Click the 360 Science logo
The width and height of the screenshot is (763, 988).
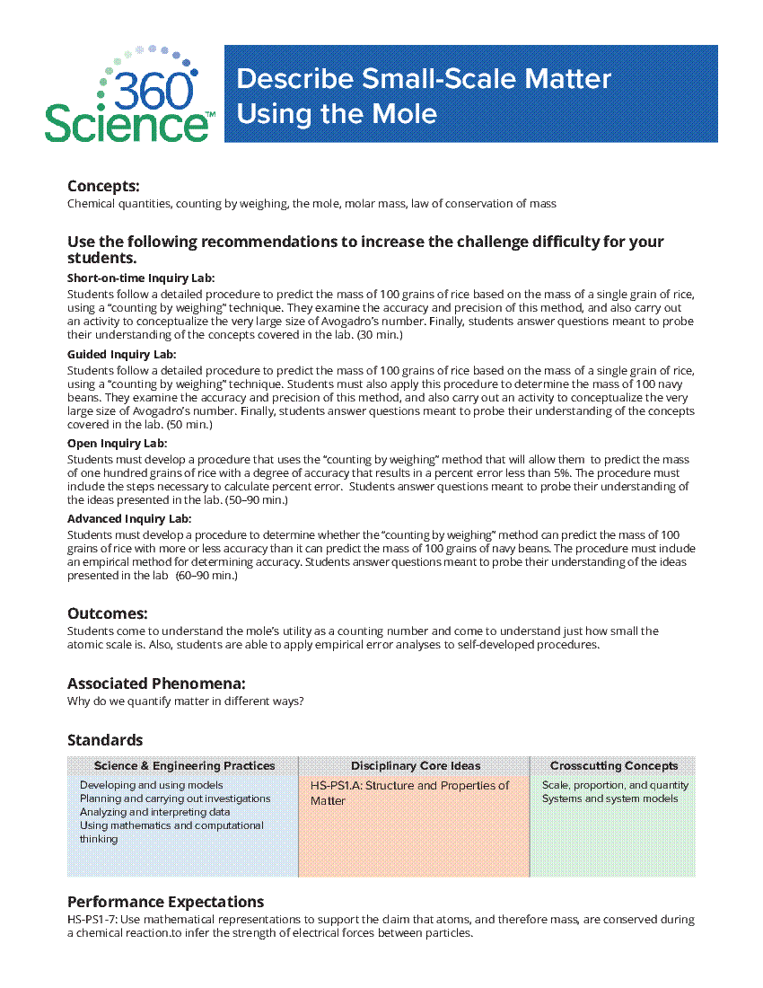click(128, 93)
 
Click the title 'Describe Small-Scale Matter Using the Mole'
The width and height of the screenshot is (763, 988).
click(424, 96)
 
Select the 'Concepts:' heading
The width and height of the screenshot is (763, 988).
click(103, 186)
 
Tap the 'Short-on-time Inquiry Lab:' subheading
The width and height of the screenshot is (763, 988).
click(141, 278)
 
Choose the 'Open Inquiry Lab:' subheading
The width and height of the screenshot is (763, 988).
click(117, 443)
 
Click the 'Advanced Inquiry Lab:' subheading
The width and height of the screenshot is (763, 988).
click(129, 518)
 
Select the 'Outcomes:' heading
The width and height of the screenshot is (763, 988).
click(107, 613)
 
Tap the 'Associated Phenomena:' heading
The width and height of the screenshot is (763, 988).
click(156, 684)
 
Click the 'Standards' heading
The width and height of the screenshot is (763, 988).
click(105, 740)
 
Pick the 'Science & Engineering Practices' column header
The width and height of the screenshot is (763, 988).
click(184, 766)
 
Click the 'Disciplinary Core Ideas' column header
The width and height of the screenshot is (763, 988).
click(416, 766)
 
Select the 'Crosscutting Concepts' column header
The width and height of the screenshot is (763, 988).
click(614, 766)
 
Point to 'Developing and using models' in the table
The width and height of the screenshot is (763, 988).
click(151, 785)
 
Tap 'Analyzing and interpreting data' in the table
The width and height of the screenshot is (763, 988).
click(154, 812)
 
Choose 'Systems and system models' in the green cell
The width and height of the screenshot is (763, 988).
click(610, 798)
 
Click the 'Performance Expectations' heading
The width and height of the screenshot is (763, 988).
click(165, 902)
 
